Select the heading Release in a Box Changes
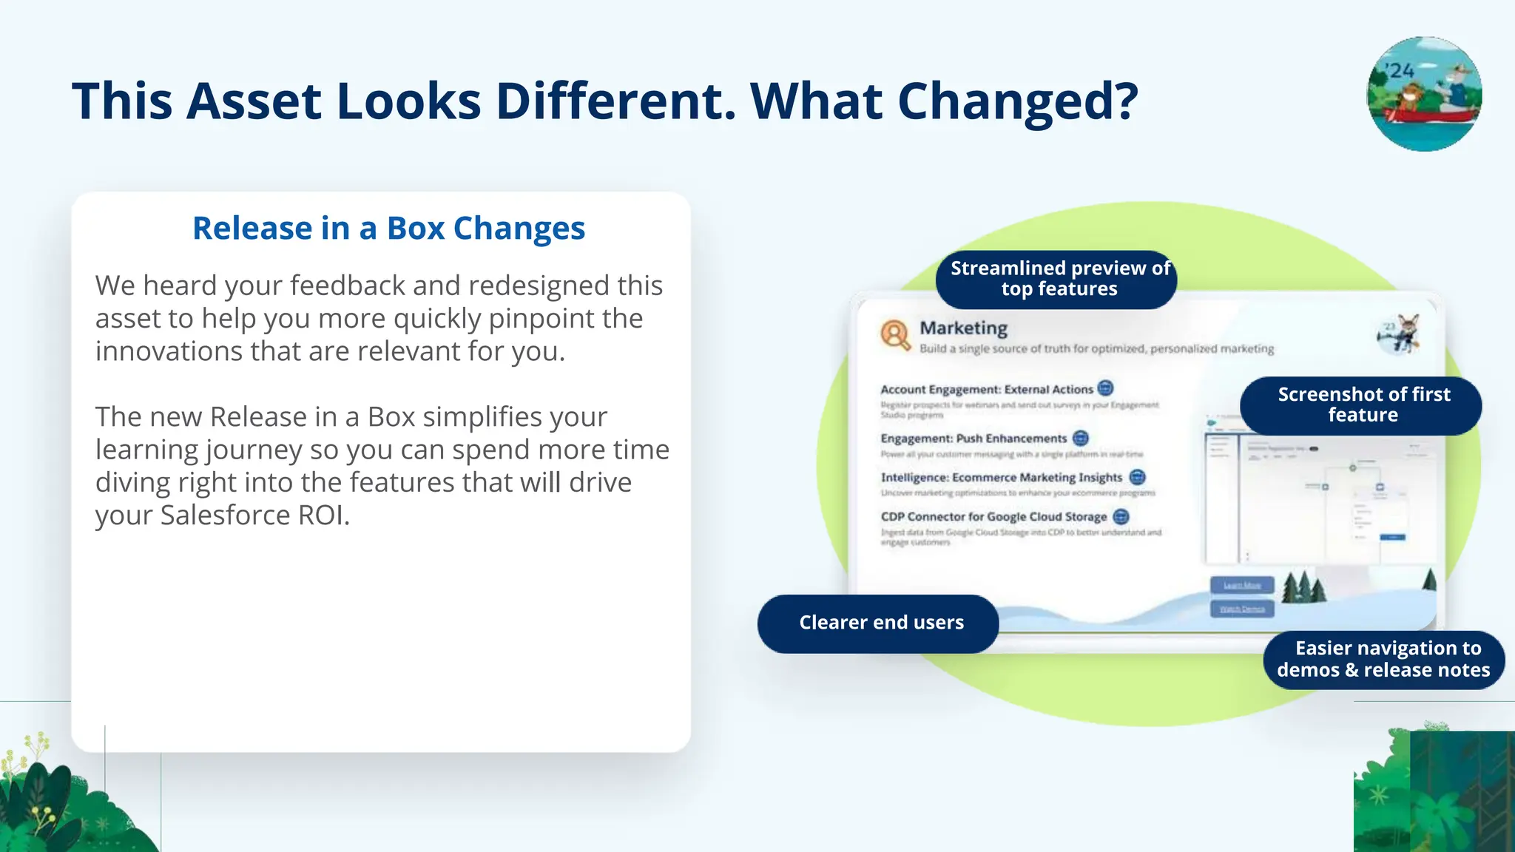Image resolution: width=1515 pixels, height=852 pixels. pyautogui.click(x=388, y=228)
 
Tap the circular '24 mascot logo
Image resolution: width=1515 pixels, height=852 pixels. pyautogui.click(x=1424, y=94)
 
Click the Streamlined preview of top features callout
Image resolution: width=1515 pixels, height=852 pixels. pyautogui.click(x=1059, y=279)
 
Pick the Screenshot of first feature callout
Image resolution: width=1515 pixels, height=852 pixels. pyautogui.click(x=1363, y=405)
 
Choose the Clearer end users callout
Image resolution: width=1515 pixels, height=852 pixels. pyautogui.click(x=880, y=623)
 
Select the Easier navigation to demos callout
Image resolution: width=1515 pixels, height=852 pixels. pyautogui.click(x=1383, y=659)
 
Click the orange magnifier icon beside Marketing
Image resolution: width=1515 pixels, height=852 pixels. pyautogui.click(x=895, y=334)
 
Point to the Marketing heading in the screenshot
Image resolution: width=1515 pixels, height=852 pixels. pyautogui.click(x=963, y=328)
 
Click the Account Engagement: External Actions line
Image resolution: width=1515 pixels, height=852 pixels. pyautogui.click(x=986, y=389)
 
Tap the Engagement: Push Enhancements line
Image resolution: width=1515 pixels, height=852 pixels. pyautogui.click(x=974, y=439)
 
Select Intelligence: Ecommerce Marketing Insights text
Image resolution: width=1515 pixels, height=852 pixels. pyautogui.click(x=1001, y=478)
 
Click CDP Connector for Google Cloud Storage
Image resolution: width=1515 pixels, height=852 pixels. pyautogui.click(x=993, y=516)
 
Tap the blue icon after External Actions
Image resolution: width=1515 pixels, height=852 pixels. pyautogui.click(x=1105, y=388)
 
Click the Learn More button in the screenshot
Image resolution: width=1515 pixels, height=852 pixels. pyautogui.click(x=1242, y=585)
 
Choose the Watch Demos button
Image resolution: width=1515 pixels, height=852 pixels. pyautogui.click(x=1242, y=609)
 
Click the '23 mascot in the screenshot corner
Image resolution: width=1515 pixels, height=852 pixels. pyautogui.click(x=1399, y=334)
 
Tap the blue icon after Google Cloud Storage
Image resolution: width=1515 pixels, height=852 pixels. pyautogui.click(x=1121, y=516)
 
